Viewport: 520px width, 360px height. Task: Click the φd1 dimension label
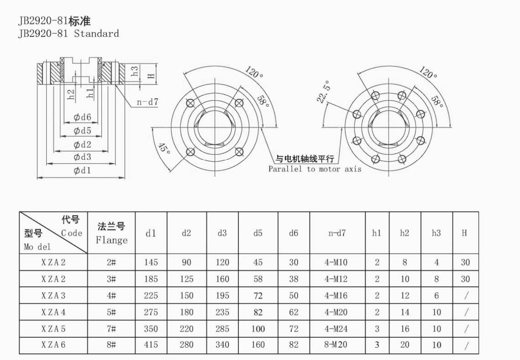pos(82,170)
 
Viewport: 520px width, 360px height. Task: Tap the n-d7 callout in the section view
pos(148,102)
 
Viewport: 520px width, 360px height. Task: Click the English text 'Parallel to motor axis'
pos(315,169)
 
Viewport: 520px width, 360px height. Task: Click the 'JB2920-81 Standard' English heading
pos(68,34)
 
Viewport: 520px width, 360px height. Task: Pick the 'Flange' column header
pos(111,240)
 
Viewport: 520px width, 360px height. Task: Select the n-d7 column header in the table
pos(337,233)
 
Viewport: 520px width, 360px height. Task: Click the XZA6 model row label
pos(53,345)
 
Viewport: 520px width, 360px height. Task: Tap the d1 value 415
pos(151,345)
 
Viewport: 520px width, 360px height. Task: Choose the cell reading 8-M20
pos(336,345)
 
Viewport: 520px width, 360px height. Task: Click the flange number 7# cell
pos(111,329)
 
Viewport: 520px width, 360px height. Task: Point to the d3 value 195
pos(222,296)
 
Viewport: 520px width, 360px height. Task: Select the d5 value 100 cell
pos(258,329)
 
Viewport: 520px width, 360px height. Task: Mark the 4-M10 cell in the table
pos(336,263)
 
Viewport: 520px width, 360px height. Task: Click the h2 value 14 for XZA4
pos(404,312)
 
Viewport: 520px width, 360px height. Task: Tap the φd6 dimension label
pos(82,117)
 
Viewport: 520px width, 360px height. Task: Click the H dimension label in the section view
pos(151,76)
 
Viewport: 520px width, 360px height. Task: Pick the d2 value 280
pos(186,345)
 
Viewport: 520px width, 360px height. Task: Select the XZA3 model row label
pos(53,296)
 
